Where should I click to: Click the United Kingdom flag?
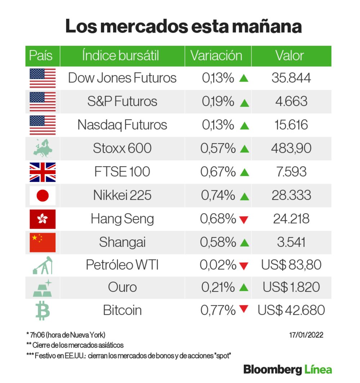42,172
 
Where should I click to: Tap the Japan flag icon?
42,195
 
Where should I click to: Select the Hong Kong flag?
42,219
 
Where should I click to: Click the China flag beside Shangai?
42,242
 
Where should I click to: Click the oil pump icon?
42,265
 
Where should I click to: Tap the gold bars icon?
42,288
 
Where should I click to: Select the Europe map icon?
42,149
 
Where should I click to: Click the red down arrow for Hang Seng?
244,219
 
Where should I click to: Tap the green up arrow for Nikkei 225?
244,196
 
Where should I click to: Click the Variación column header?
216,56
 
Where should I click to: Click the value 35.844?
291,78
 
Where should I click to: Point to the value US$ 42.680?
291,310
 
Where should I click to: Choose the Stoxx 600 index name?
122,148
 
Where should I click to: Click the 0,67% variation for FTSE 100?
218,172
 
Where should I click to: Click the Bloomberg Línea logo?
287,369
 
